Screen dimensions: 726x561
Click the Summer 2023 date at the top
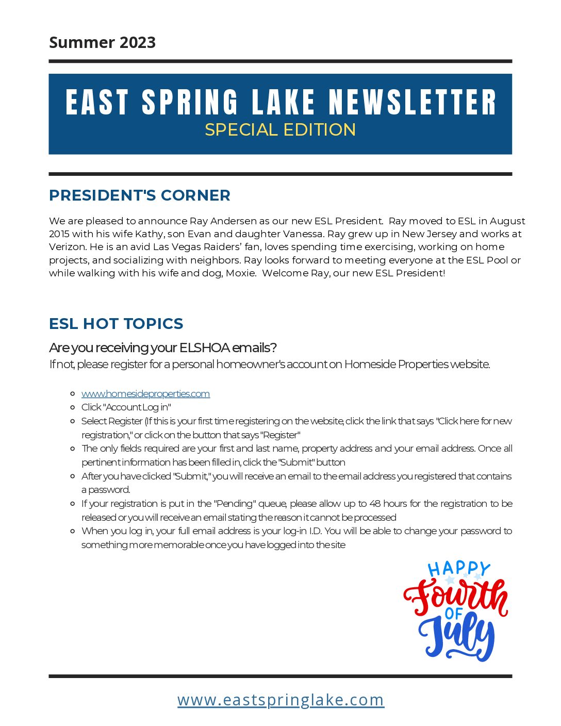pos(102,42)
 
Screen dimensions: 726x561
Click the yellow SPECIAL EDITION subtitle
pos(280,129)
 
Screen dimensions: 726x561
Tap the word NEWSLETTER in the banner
pos(412,102)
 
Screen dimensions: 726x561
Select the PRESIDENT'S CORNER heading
pos(140,195)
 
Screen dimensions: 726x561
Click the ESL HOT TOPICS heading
pos(116,324)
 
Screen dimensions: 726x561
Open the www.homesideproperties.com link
pos(145,394)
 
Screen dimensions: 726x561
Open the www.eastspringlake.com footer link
pos(280,700)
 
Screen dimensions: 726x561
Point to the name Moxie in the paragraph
pos(240,273)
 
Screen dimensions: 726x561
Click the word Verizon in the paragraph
pos(67,247)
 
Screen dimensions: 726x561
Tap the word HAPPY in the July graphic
pos(458,569)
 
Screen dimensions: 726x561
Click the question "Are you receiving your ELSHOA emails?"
pos(163,348)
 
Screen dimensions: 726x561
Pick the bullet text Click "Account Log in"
pos(126,407)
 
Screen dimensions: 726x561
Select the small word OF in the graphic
pos(454,614)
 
